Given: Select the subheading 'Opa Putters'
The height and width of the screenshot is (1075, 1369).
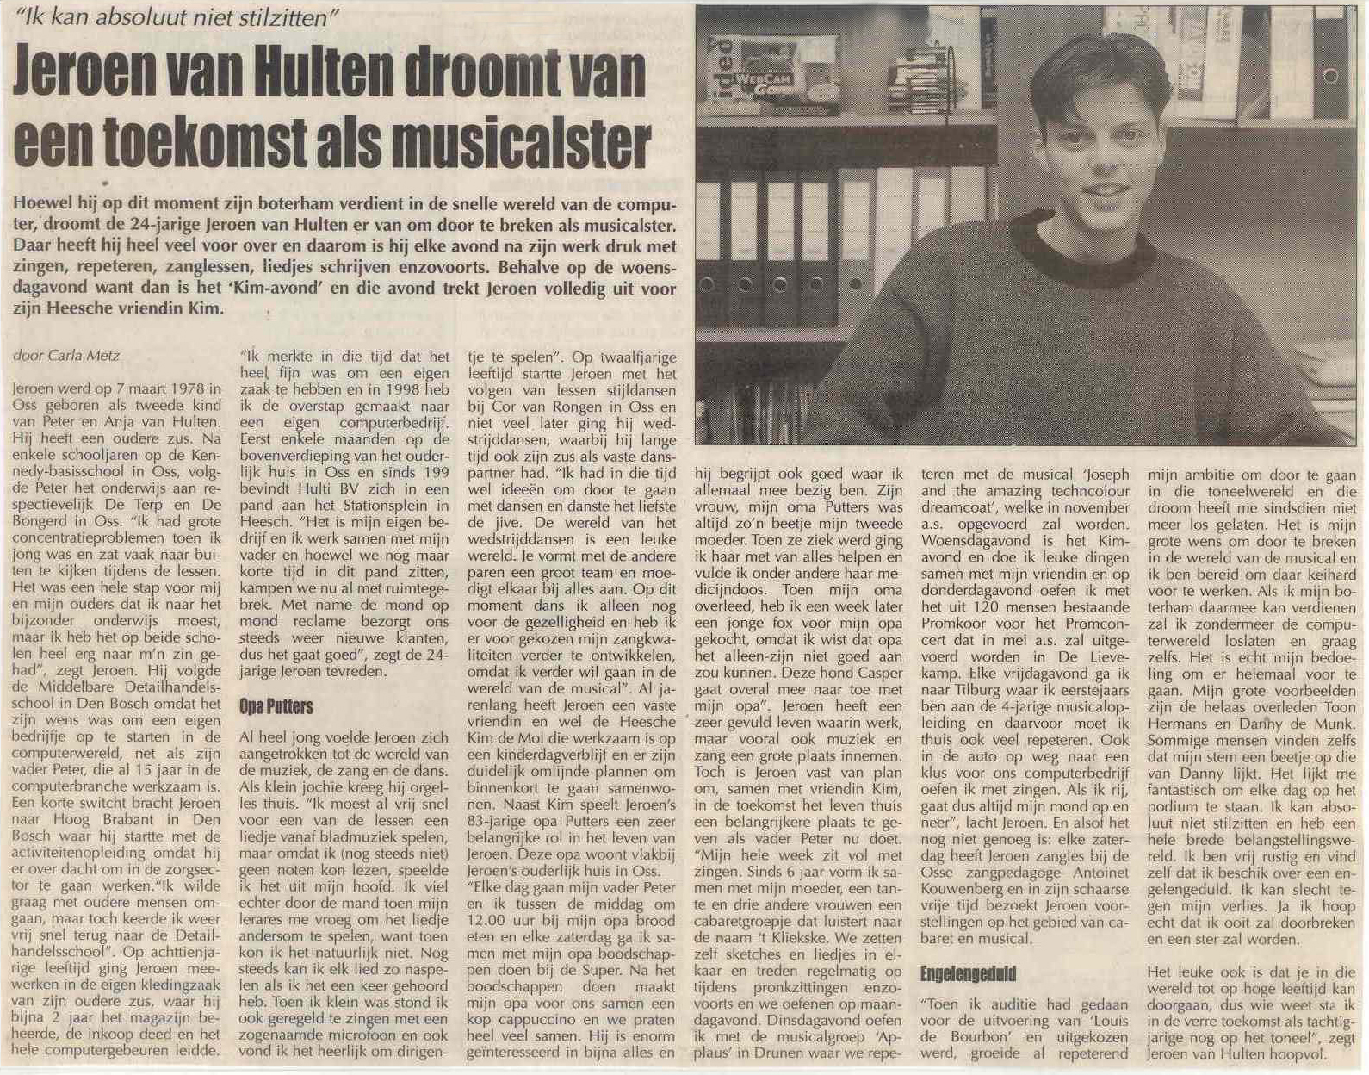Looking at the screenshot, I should [x=276, y=706].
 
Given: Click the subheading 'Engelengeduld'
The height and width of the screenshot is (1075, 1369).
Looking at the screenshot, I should [x=968, y=973].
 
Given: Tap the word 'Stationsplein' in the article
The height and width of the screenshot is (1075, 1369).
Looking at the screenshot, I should [x=380, y=506].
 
